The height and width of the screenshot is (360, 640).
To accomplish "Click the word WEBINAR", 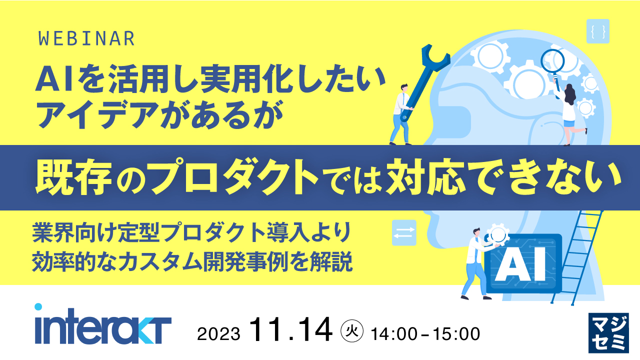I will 86,39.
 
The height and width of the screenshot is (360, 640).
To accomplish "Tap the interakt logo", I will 103,325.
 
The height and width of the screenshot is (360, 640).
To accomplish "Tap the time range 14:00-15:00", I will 425,333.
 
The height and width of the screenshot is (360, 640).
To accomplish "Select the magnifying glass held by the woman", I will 553,62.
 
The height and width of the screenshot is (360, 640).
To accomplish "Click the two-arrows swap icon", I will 404,233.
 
